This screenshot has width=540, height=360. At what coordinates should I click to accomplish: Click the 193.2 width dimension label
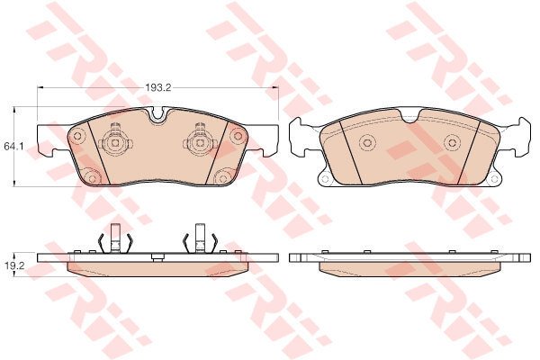tap(157, 87)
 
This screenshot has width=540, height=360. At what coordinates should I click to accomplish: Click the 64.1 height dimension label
tap(13, 147)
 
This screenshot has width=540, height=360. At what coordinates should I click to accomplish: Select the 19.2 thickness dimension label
tap(13, 265)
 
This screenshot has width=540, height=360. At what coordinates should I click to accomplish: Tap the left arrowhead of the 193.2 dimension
tap(40, 87)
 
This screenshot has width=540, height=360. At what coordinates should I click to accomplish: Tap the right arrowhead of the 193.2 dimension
tap(275, 87)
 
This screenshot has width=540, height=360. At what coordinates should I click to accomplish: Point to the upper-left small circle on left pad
tap(77, 136)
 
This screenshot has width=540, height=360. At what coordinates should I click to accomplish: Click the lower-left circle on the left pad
tap(92, 178)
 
